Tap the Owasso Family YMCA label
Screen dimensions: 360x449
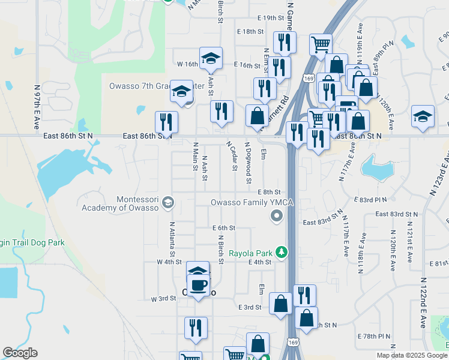(x=252, y=203)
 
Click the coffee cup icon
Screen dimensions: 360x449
(x=198, y=285)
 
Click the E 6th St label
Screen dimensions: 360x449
(x=224, y=228)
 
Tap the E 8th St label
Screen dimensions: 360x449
(x=269, y=191)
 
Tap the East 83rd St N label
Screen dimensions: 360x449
(x=396, y=214)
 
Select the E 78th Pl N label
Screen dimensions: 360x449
(x=373, y=337)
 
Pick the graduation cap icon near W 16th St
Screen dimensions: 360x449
(x=210, y=58)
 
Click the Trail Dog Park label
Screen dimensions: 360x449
(x=34, y=242)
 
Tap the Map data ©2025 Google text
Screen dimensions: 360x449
(x=411, y=355)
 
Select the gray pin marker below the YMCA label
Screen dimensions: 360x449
(x=276, y=216)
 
